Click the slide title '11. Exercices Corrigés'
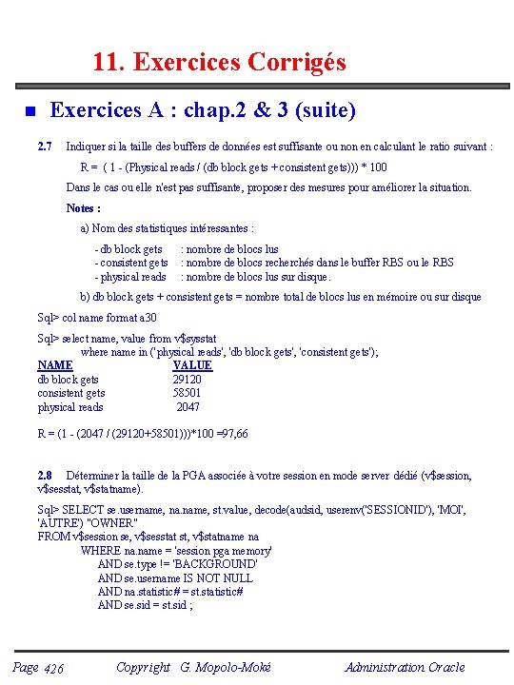pyautogui.click(x=219, y=63)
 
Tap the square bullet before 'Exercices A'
pyautogui.click(x=30, y=112)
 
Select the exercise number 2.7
pyautogui.click(x=44, y=147)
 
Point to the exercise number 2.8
pyautogui.click(x=44, y=476)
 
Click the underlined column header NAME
pyautogui.click(x=55, y=365)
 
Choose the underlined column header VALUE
pyautogui.click(x=192, y=365)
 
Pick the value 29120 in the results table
pyautogui.click(x=187, y=380)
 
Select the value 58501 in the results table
pyautogui.click(x=187, y=393)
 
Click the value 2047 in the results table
pyautogui.click(x=188, y=407)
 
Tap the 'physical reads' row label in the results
pyautogui.click(x=70, y=407)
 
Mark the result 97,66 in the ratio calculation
pyautogui.click(x=233, y=434)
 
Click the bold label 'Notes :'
pyautogui.click(x=84, y=208)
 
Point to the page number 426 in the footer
pyautogui.click(x=53, y=669)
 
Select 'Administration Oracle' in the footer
pyautogui.click(x=405, y=668)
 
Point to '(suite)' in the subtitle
pyautogui.click(x=326, y=111)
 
